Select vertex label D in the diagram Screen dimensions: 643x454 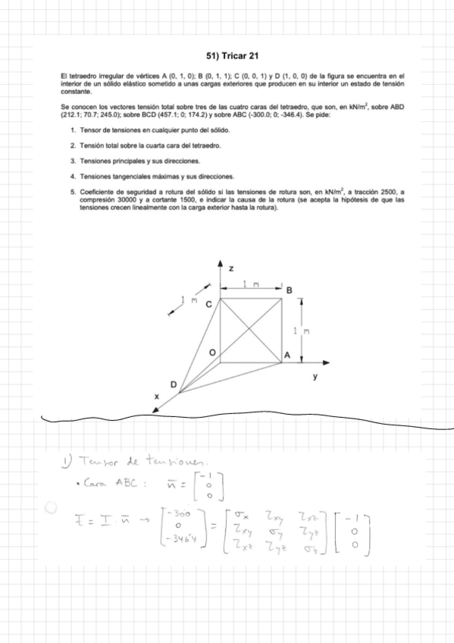(x=173, y=386)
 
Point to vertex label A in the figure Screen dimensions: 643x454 (x=287, y=355)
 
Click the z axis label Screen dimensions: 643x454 (x=231, y=269)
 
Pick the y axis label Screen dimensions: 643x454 (x=315, y=375)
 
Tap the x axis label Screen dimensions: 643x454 (x=157, y=397)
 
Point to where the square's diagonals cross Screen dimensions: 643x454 (x=251, y=331)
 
